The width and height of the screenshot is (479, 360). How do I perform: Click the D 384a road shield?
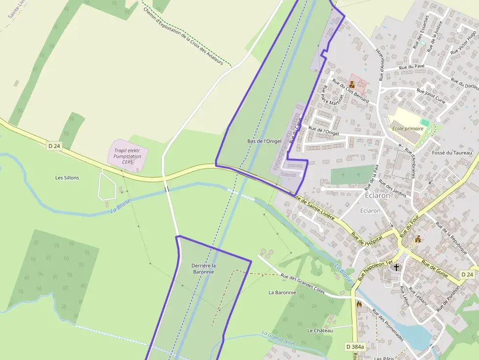click(x=355, y=347)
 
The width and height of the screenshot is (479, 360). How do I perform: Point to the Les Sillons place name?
click(x=67, y=178)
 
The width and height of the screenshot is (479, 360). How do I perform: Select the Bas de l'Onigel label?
click(x=264, y=141)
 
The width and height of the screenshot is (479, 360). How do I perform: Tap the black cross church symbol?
click(x=396, y=267)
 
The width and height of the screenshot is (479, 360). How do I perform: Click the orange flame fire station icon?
click(x=360, y=304)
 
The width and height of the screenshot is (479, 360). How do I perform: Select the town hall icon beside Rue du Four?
click(x=418, y=239)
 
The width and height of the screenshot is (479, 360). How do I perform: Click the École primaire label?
click(x=407, y=129)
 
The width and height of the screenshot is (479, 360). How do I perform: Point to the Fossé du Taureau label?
click(x=453, y=153)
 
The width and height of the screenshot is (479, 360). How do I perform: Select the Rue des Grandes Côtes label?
click(x=303, y=283)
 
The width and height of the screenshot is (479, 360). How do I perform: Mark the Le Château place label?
click(x=320, y=331)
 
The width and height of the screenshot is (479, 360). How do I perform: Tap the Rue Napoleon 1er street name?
click(x=375, y=270)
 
